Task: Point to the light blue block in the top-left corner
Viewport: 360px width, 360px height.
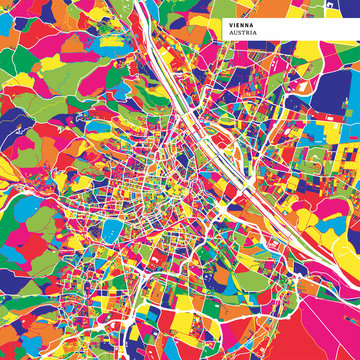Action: click(10, 10)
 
